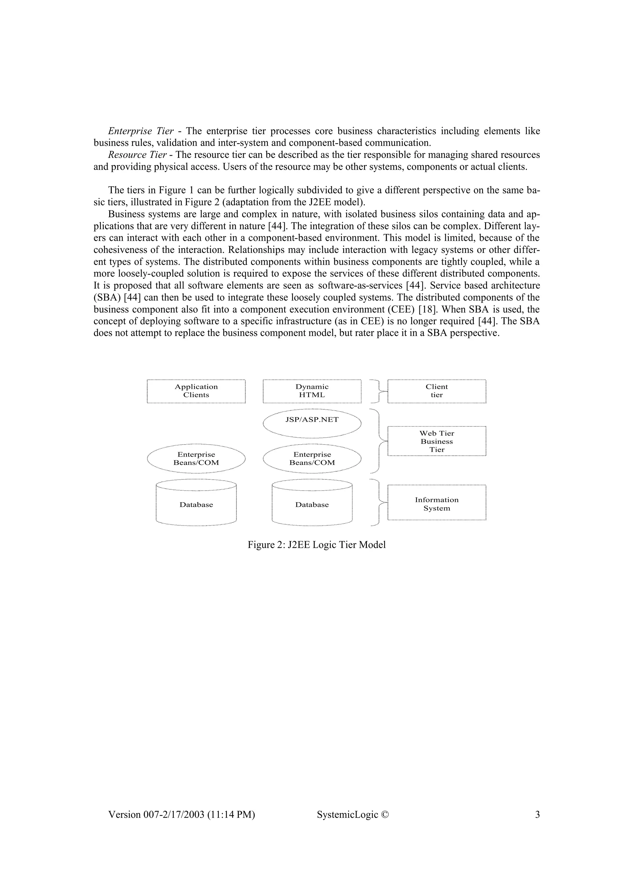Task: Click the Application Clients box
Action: [x=196, y=391]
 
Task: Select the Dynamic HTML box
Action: [x=312, y=391]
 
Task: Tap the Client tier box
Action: [x=437, y=391]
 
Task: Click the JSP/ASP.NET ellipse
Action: [x=312, y=423]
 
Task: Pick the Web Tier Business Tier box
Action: [x=437, y=441]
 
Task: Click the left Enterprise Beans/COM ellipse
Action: [x=196, y=459]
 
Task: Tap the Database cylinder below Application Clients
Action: [x=196, y=504]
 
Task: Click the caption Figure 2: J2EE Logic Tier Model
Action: [x=316, y=545]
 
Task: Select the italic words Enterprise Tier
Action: [x=141, y=131]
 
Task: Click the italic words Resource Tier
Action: [x=137, y=155]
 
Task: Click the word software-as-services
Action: [x=360, y=285]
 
